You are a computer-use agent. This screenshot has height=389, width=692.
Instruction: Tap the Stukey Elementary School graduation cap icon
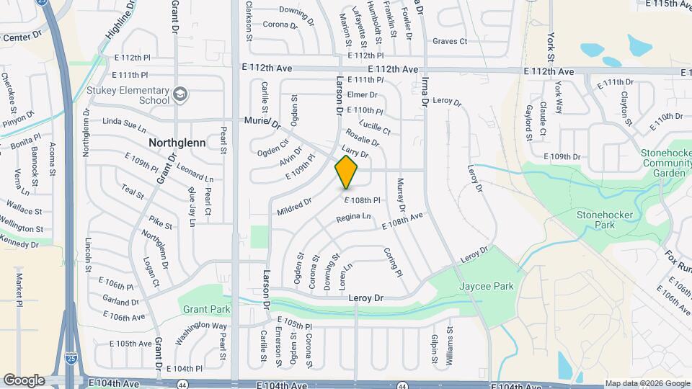(179, 94)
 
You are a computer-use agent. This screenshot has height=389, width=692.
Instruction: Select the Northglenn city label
(177, 143)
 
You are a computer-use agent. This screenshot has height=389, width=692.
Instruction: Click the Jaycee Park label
(487, 286)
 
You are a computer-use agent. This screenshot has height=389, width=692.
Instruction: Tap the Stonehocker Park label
(604, 220)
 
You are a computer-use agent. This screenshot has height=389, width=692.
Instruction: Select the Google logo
(24, 380)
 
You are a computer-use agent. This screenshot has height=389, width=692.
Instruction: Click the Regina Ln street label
(353, 217)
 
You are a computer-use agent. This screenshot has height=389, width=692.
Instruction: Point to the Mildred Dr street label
(294, 207)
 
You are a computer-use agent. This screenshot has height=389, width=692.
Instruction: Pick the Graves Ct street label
(450, 41)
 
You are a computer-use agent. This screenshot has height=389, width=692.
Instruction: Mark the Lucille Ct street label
(378, 126)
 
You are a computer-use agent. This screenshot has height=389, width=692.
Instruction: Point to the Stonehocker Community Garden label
(665, 163)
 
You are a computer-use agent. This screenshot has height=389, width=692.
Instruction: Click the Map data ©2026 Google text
(647, 383)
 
